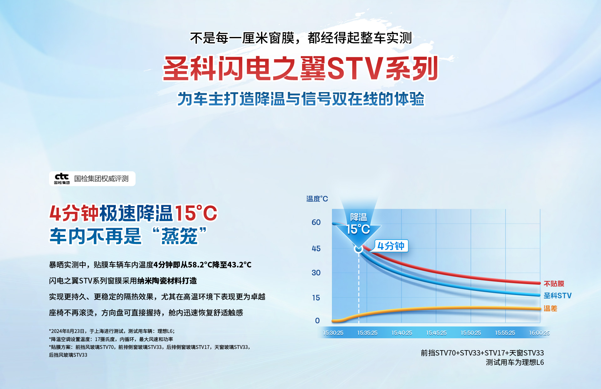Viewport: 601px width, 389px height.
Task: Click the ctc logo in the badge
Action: pyautogui.click(x=62, y=179)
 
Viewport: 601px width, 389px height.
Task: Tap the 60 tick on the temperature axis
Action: pyautogui.click(x=316, y=222)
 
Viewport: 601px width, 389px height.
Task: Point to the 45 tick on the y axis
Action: pyautogui.click(x=316, y=249)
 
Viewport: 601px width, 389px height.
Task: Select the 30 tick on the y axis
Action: pyautogui.click(x=316, y=273)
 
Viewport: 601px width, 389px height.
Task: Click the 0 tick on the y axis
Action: pyautogui.click(x=317, y=321)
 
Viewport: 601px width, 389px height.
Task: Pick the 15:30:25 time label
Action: pyautogui.click(x=333, y=333)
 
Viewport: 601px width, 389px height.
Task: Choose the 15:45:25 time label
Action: pyautogui.click(x=436, y=333)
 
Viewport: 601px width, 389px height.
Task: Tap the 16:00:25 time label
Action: pyautogui.click(x=539, y=333)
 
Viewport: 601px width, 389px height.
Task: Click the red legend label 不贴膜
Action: pyautogui.click(x=554, y=284)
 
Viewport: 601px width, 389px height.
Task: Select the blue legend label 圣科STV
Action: pyautogui.click(x=557, y=296)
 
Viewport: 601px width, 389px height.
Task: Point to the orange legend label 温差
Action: pyautogui.click(x=550, y=309)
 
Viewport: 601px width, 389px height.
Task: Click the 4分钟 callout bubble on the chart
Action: pyautogui.click(x=391, y=246)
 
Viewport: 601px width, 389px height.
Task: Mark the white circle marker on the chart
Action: pyautogui.click(x=359, y=249)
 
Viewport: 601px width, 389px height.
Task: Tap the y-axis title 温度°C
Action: pyautogui.click(x=317, y=199)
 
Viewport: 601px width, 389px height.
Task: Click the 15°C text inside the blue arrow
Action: pyautogui.click(x=358, y=229)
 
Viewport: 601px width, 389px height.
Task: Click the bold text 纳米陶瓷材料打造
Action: pyautogui.click(x=167, y=281)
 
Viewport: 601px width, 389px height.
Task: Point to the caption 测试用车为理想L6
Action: pyautogui.click(x=515, y=362)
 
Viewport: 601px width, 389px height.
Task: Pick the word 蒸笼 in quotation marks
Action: pyautogui.click(x=180, y=236)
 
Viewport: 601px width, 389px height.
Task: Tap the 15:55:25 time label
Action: pyautogui.click(x=505, y=333)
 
